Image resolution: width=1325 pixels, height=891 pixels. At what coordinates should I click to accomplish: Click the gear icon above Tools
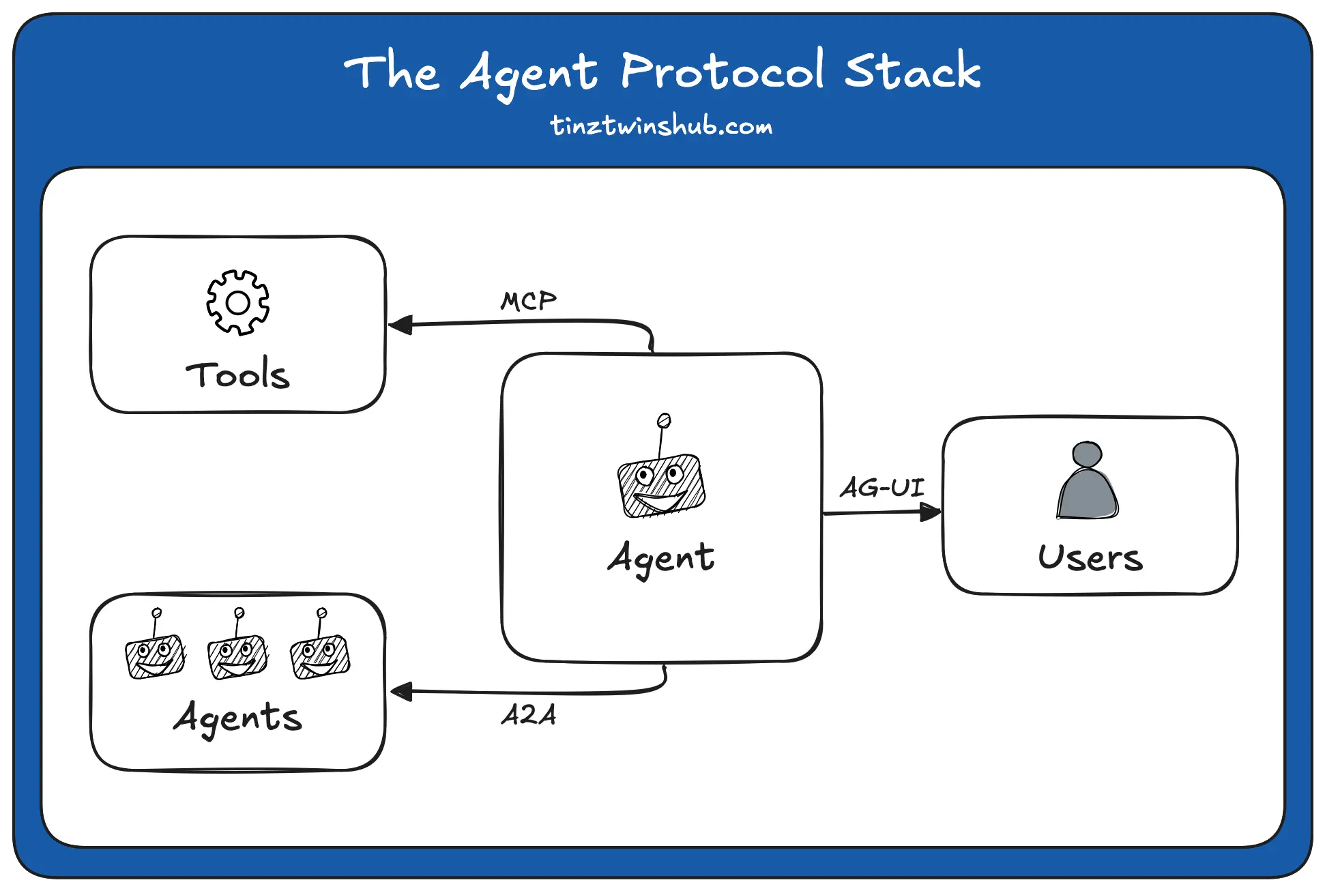[x=237, y=302]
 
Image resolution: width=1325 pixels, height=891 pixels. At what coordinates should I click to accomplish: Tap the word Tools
[x=237, y=375]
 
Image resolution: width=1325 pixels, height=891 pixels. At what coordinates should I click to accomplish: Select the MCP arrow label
[x=528, y=301]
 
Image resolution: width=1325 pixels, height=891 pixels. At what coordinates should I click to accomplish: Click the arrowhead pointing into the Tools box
[x=401, y=325]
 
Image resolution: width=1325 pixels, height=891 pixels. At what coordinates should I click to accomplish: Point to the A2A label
[x=529, y=715]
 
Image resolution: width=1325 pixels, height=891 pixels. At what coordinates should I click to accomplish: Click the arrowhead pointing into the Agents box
[x=402, y=692]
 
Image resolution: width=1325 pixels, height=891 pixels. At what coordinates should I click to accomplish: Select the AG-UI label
[x=882, y=487]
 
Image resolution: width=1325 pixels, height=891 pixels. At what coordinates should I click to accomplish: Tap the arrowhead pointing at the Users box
[x=929, y=512]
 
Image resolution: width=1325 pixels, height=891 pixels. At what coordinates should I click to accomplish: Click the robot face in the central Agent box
[x=661, y=485]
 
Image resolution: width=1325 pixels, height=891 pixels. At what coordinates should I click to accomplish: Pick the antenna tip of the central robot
[x=664, y=420]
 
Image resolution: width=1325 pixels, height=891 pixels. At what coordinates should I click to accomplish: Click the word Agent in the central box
[x=661, y=559]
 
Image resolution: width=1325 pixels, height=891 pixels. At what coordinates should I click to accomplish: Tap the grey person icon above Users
[x=1088, y=481]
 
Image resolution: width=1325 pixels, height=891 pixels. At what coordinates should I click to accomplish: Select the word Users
[x=1090, y=557]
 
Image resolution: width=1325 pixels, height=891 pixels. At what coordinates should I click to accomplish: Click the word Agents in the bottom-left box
[x=237, y=718]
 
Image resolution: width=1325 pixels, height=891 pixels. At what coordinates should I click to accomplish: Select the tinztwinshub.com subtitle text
[x=661, y=126]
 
